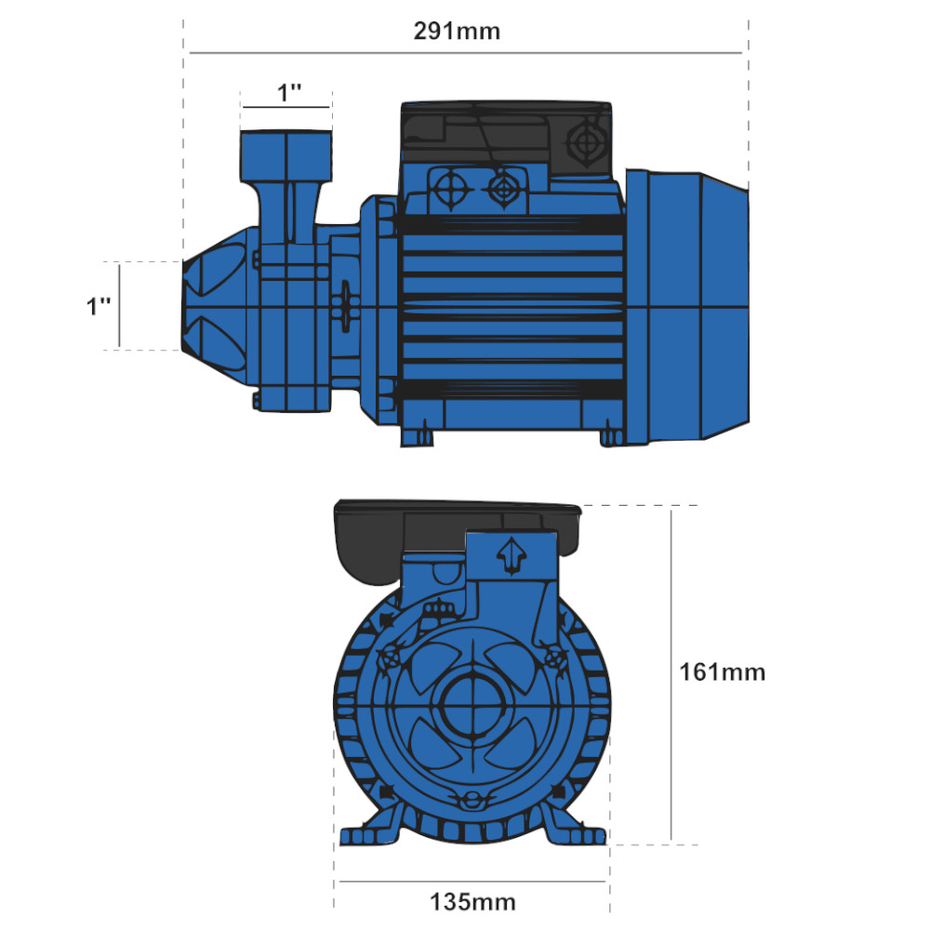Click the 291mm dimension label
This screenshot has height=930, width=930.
pyautogui.click(x=457, y=32)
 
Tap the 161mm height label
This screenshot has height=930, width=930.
pyautogui.click(x=722, y=671)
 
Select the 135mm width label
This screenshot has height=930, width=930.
pyautogui.click(x=472, y=901)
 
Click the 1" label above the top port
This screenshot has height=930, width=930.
pyautogui.click(x=289, y=93)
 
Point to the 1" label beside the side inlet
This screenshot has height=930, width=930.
pyautogui.click(x=100, y=307)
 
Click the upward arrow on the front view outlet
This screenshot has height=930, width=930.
pyautogui.click(x=511, y=556)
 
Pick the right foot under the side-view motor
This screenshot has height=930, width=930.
pyautogui.click(x=611, y=434)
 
